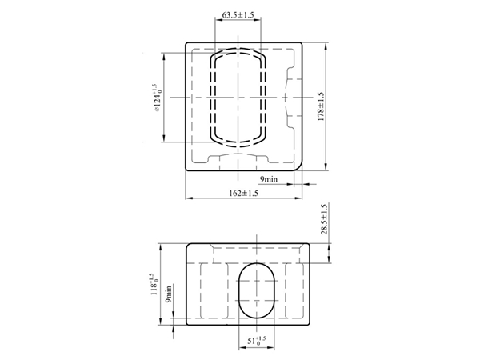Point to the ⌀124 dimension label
point(158,96)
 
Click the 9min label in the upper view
point(268,179)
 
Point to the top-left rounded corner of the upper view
point(189,44)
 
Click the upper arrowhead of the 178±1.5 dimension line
point(329,44)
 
